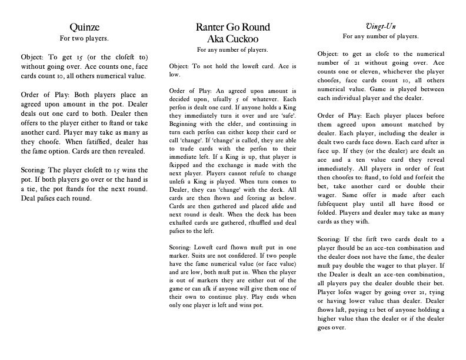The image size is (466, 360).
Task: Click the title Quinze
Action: pos(84,27)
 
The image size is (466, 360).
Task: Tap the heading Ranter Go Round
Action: pos(232,27)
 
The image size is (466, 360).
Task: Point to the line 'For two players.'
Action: pos(84,38)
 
